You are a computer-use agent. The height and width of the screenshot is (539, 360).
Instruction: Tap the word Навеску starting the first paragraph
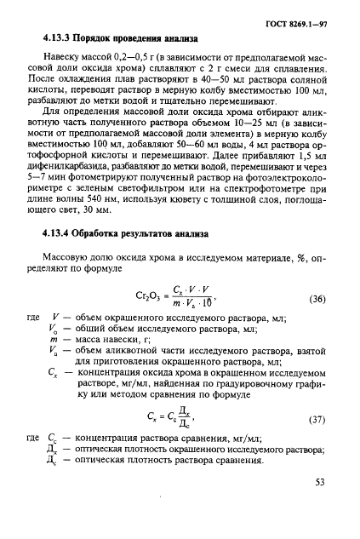tap(67, 63)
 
